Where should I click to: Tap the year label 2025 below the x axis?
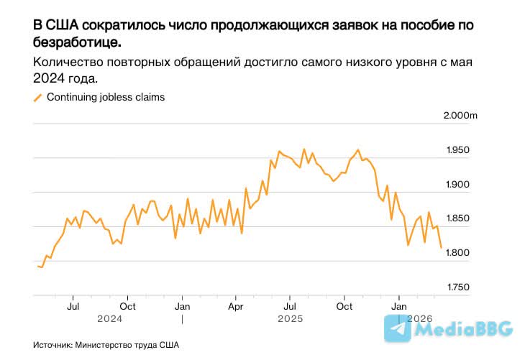point(289,318)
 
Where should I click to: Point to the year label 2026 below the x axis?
point(421,318)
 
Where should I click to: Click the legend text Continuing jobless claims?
point(106,98)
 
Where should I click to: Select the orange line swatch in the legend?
point(38,98)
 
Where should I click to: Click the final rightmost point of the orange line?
point(441,247)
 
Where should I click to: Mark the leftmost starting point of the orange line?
point(37,266)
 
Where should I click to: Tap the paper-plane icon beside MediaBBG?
point(398,328)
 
